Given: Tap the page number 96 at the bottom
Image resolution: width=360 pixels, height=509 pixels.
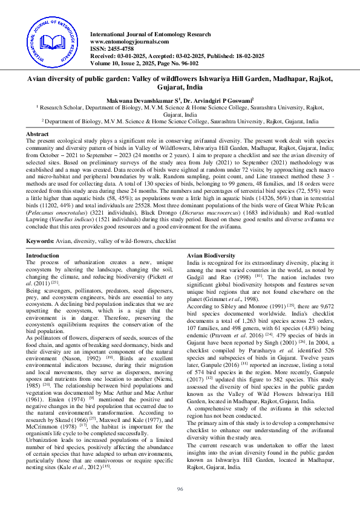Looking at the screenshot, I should pos(180,488).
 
